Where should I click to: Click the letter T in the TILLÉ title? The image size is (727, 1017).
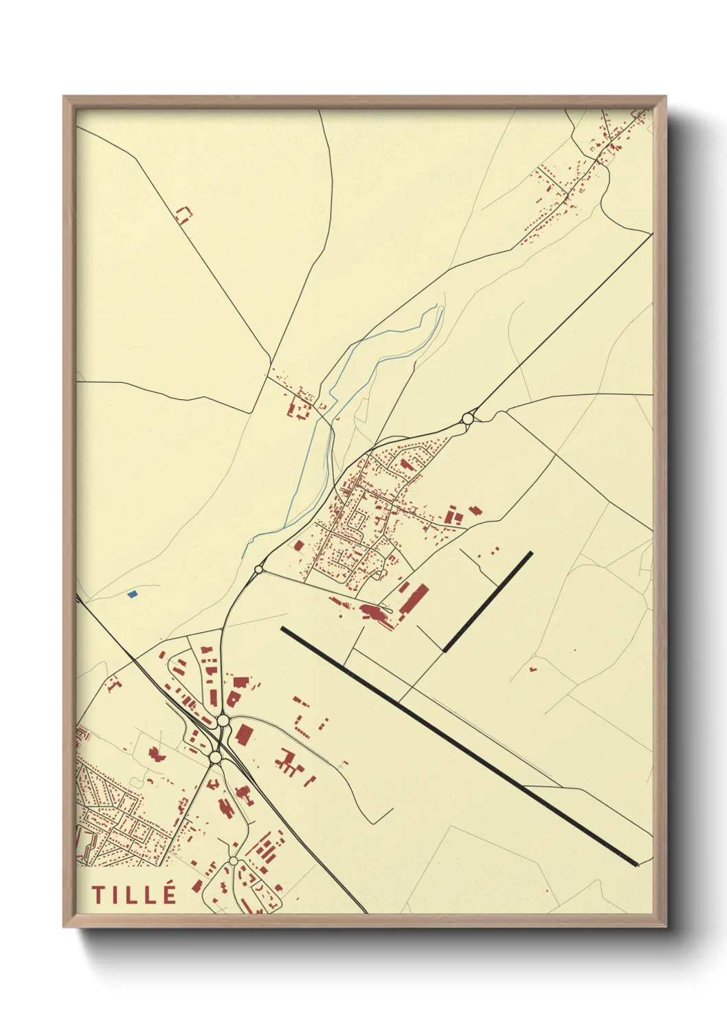[98, 895]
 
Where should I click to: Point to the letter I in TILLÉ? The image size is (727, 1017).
[115, 895]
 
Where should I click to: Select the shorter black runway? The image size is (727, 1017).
[488, 601]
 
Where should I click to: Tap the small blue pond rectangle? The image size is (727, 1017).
[133, 594]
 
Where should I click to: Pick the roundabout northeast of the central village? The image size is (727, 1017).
[468, 418]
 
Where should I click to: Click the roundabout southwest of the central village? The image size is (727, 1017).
[259, 569]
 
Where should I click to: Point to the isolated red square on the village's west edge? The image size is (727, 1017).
[299, 545]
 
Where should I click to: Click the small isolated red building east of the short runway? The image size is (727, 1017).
[533, 668]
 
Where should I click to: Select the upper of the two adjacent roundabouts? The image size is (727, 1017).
[223, 721]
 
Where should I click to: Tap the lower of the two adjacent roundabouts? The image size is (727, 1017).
[216, 757]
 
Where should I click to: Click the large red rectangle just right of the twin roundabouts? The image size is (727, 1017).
[243, 735]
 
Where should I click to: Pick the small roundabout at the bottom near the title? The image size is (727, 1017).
[234, 860]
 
